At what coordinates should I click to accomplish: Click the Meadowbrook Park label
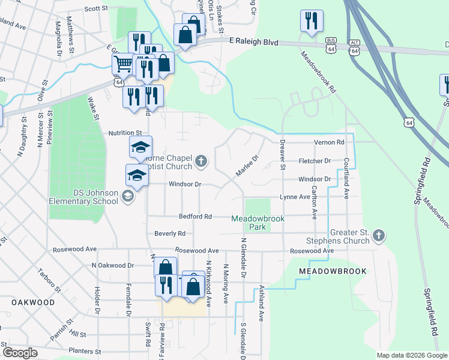[258, 223]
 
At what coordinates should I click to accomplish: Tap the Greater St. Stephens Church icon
[379, 236]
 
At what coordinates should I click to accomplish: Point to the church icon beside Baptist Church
[201, 161]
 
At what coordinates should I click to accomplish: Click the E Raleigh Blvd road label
[255, 42]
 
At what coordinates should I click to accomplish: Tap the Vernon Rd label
[330, 142]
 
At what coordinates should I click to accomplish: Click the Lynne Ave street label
[294, 197]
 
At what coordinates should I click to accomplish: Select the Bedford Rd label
[196, 216]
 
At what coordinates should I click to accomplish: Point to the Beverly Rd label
[170, 233]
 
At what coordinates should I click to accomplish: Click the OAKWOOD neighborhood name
[33, 302]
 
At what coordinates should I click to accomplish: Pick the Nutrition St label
[124, 133]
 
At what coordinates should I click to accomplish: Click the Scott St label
[96, 9]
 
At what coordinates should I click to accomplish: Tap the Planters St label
[83, 350]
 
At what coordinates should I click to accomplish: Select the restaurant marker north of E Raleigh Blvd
[312, 21]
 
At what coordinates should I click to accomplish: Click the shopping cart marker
[123, 62]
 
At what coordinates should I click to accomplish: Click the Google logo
[20, 353]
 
